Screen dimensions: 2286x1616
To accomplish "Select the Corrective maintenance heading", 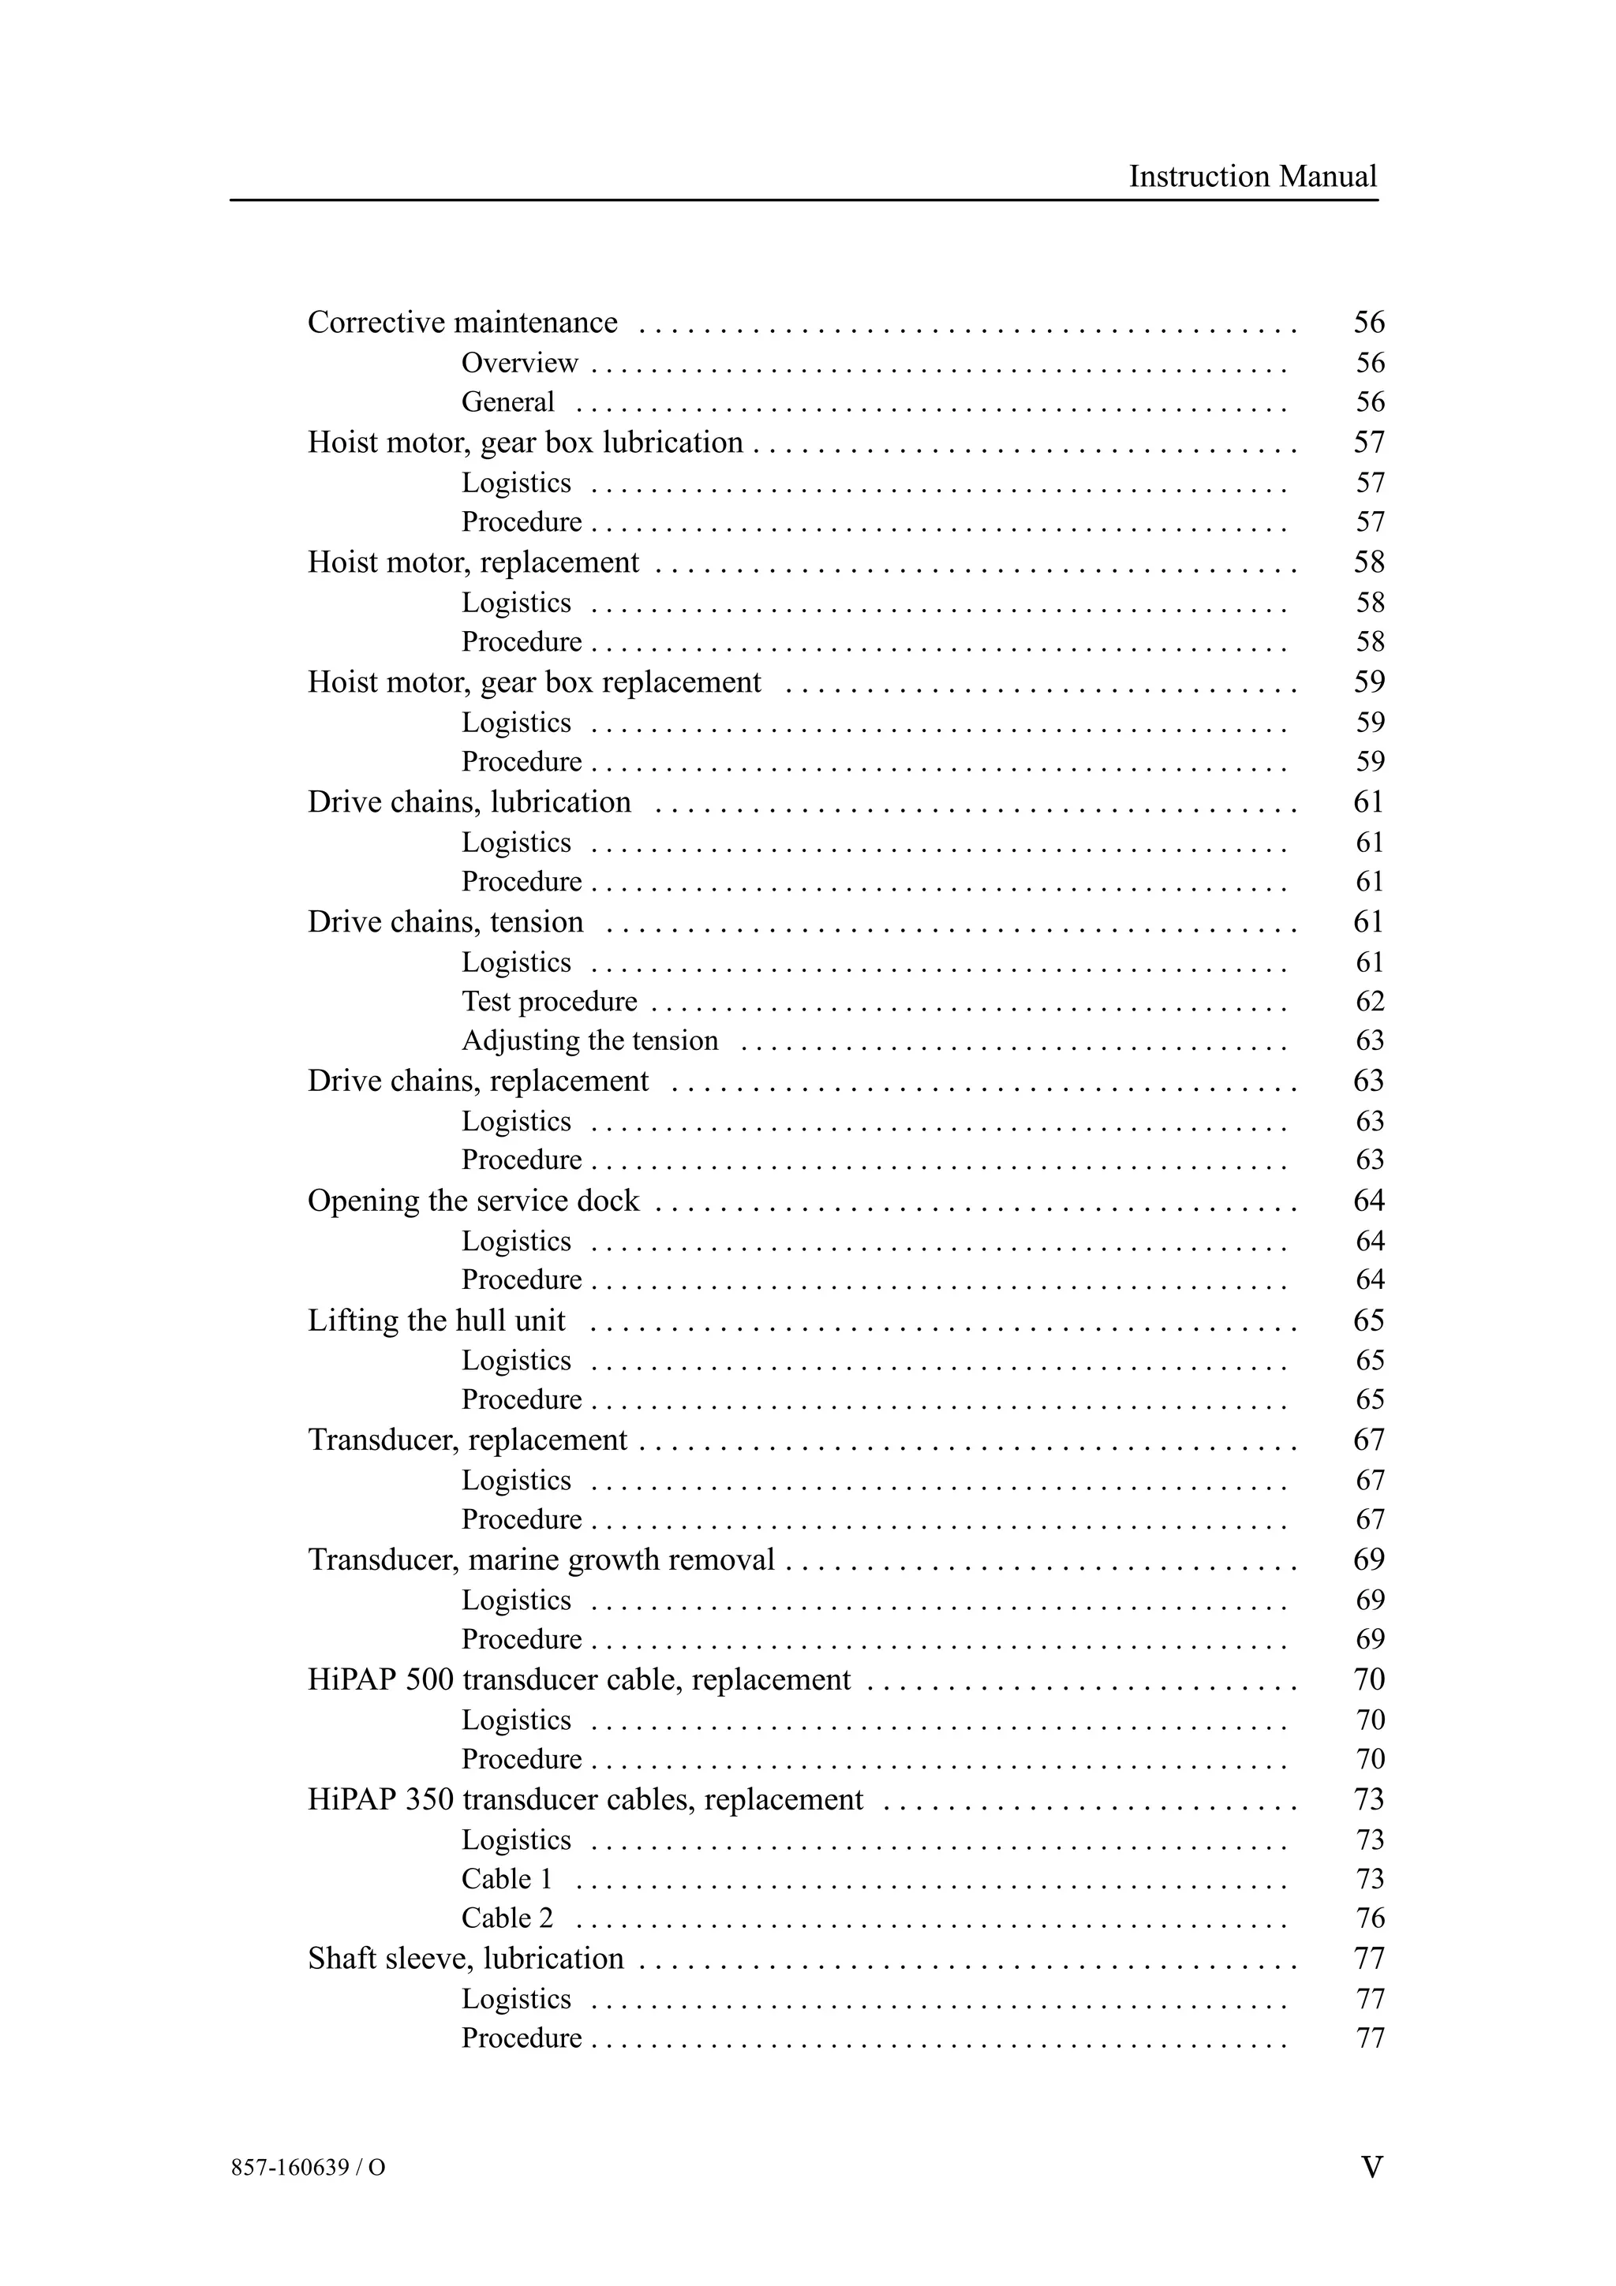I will click(462, 323).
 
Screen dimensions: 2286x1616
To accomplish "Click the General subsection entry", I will click(508, 402).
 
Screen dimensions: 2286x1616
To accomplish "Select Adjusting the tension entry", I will click(589, 1040).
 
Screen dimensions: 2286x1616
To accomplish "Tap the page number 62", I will click(1369, 1001).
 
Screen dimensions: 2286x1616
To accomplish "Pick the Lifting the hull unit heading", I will click(436, 1320).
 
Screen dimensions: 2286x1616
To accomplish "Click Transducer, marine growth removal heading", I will click(541, 1559).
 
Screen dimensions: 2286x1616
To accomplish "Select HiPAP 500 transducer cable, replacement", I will click(578, 1679).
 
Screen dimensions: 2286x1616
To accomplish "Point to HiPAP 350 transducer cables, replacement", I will click(585, 1799).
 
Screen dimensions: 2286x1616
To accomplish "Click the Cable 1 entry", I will click(506, 1879).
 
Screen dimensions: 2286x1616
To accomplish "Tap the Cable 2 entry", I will click(506, 1918).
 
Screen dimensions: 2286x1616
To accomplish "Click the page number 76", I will click(1369, 1918).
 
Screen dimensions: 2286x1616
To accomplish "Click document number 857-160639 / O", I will click(308, 2168).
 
